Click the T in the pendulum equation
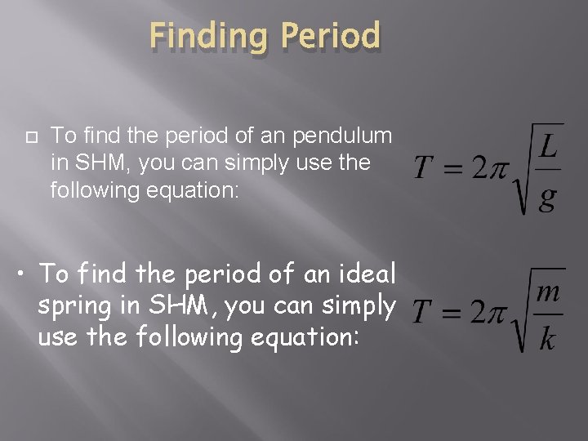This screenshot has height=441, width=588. pos(423,170)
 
